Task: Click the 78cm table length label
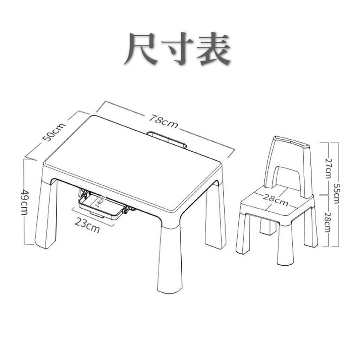[163, 121]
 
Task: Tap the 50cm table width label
[54, 132]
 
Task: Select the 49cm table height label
[24, 202]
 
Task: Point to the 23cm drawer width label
[87, 225]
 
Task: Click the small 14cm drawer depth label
[100, 202]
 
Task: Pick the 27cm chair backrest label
[329, 168]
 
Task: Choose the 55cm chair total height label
[336, 193]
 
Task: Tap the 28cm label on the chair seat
[276, 200]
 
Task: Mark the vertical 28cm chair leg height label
[328, 222]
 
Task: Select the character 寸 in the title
[177, 49]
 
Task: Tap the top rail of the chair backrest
[292, 142]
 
